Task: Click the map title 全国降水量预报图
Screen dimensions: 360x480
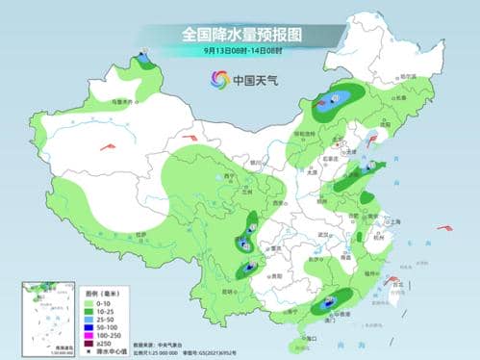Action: tap(240, 34)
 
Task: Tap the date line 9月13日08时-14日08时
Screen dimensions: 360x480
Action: tap(240, 50)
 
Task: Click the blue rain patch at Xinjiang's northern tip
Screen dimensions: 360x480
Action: tap(143, 61)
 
